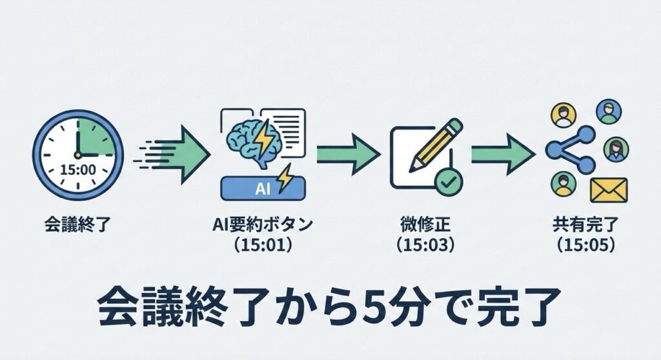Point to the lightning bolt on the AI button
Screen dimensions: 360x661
282,177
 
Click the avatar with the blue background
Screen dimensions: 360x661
607,112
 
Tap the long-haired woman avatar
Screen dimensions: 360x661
616,149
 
